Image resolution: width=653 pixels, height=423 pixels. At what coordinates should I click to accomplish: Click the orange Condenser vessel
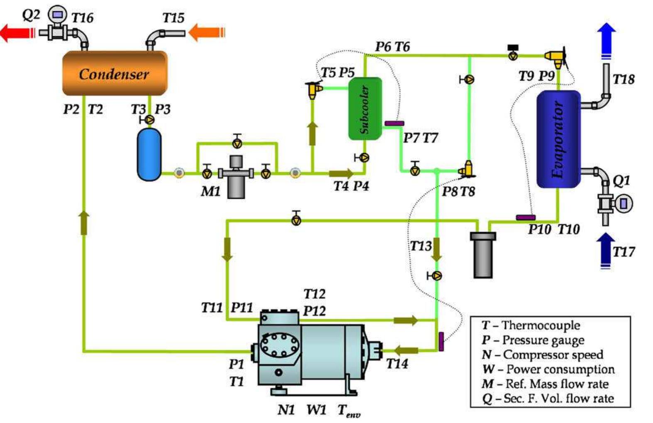click(x=115, y=73)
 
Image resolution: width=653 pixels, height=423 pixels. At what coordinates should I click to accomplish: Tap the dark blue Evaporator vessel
click(x=558, y=139)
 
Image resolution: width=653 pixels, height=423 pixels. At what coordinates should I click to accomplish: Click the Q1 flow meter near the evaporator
click(x=622, y=203)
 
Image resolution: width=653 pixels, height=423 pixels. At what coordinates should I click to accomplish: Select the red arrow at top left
click(x=17, y=32)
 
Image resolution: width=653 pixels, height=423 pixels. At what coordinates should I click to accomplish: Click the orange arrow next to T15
click(x=207, y=32)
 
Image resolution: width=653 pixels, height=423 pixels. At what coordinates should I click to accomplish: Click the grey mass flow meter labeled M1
click(x=236, y=177)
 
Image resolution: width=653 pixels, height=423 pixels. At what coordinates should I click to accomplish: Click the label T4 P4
click(x=351, y=186)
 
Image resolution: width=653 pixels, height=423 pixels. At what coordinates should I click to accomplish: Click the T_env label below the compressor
click(x=348, y=411)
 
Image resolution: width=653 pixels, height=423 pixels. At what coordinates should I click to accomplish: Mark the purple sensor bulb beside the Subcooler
click(x=394, y=123)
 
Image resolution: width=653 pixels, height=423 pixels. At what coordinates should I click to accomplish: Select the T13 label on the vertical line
click(x=420, y=246)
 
